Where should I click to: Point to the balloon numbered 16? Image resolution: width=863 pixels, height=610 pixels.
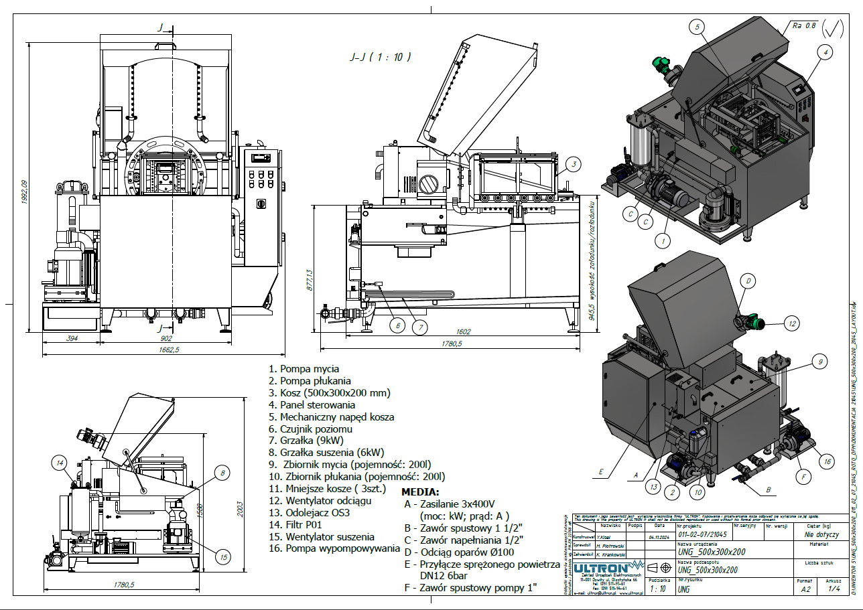[826, 461]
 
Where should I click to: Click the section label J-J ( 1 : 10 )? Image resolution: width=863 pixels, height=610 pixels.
[380, 58]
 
